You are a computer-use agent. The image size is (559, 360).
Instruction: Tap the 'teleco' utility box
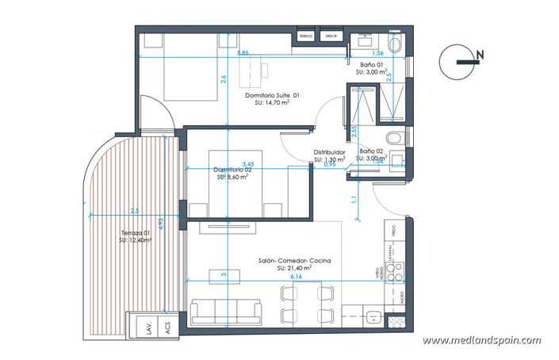(306, 36)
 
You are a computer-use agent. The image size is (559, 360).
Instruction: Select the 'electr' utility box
(331, 36)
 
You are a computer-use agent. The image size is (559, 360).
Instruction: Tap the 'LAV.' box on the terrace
(147, 328)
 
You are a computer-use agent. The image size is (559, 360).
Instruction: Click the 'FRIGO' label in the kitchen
(393, 231)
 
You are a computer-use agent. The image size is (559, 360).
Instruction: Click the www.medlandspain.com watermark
(481, 340)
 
